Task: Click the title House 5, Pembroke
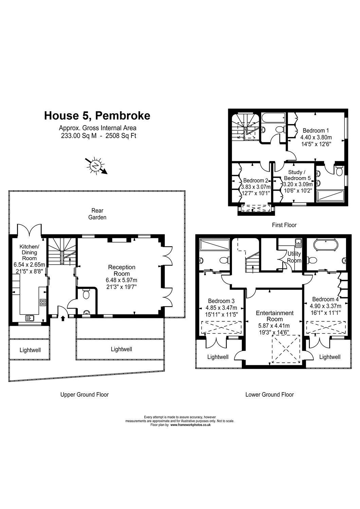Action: pyautogui.click(x=97, y=116)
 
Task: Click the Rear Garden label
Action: pyautogui.click(x=97, y=214)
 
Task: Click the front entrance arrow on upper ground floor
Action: pyautogui.click(x=63, y=318)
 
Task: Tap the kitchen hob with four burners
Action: pyautogui.click(x=43, y=302)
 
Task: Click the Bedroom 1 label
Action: pyautogui.click(x=316, y=130)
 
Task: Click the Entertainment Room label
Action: pyautogui.click(x=275, y=316)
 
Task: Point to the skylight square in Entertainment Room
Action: pyautogui.click(x=286, y=349)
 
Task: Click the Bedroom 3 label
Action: pyautogui.click(x=221, y=301)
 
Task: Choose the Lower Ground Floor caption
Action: pyautogui.click(x=269, y=394)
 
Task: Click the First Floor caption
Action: pyautogui.click(x=284, y=225)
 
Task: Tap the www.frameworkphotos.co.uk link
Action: pyautogui.click(x=190, y=425)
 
